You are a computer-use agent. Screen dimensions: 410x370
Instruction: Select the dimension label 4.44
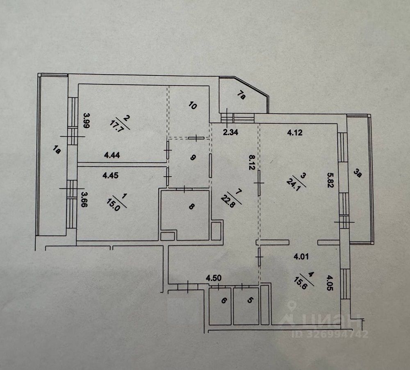112,155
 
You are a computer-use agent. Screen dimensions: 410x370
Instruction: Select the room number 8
191,207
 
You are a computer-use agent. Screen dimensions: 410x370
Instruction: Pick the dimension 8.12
253,161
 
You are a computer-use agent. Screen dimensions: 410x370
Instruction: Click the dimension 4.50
214,278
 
